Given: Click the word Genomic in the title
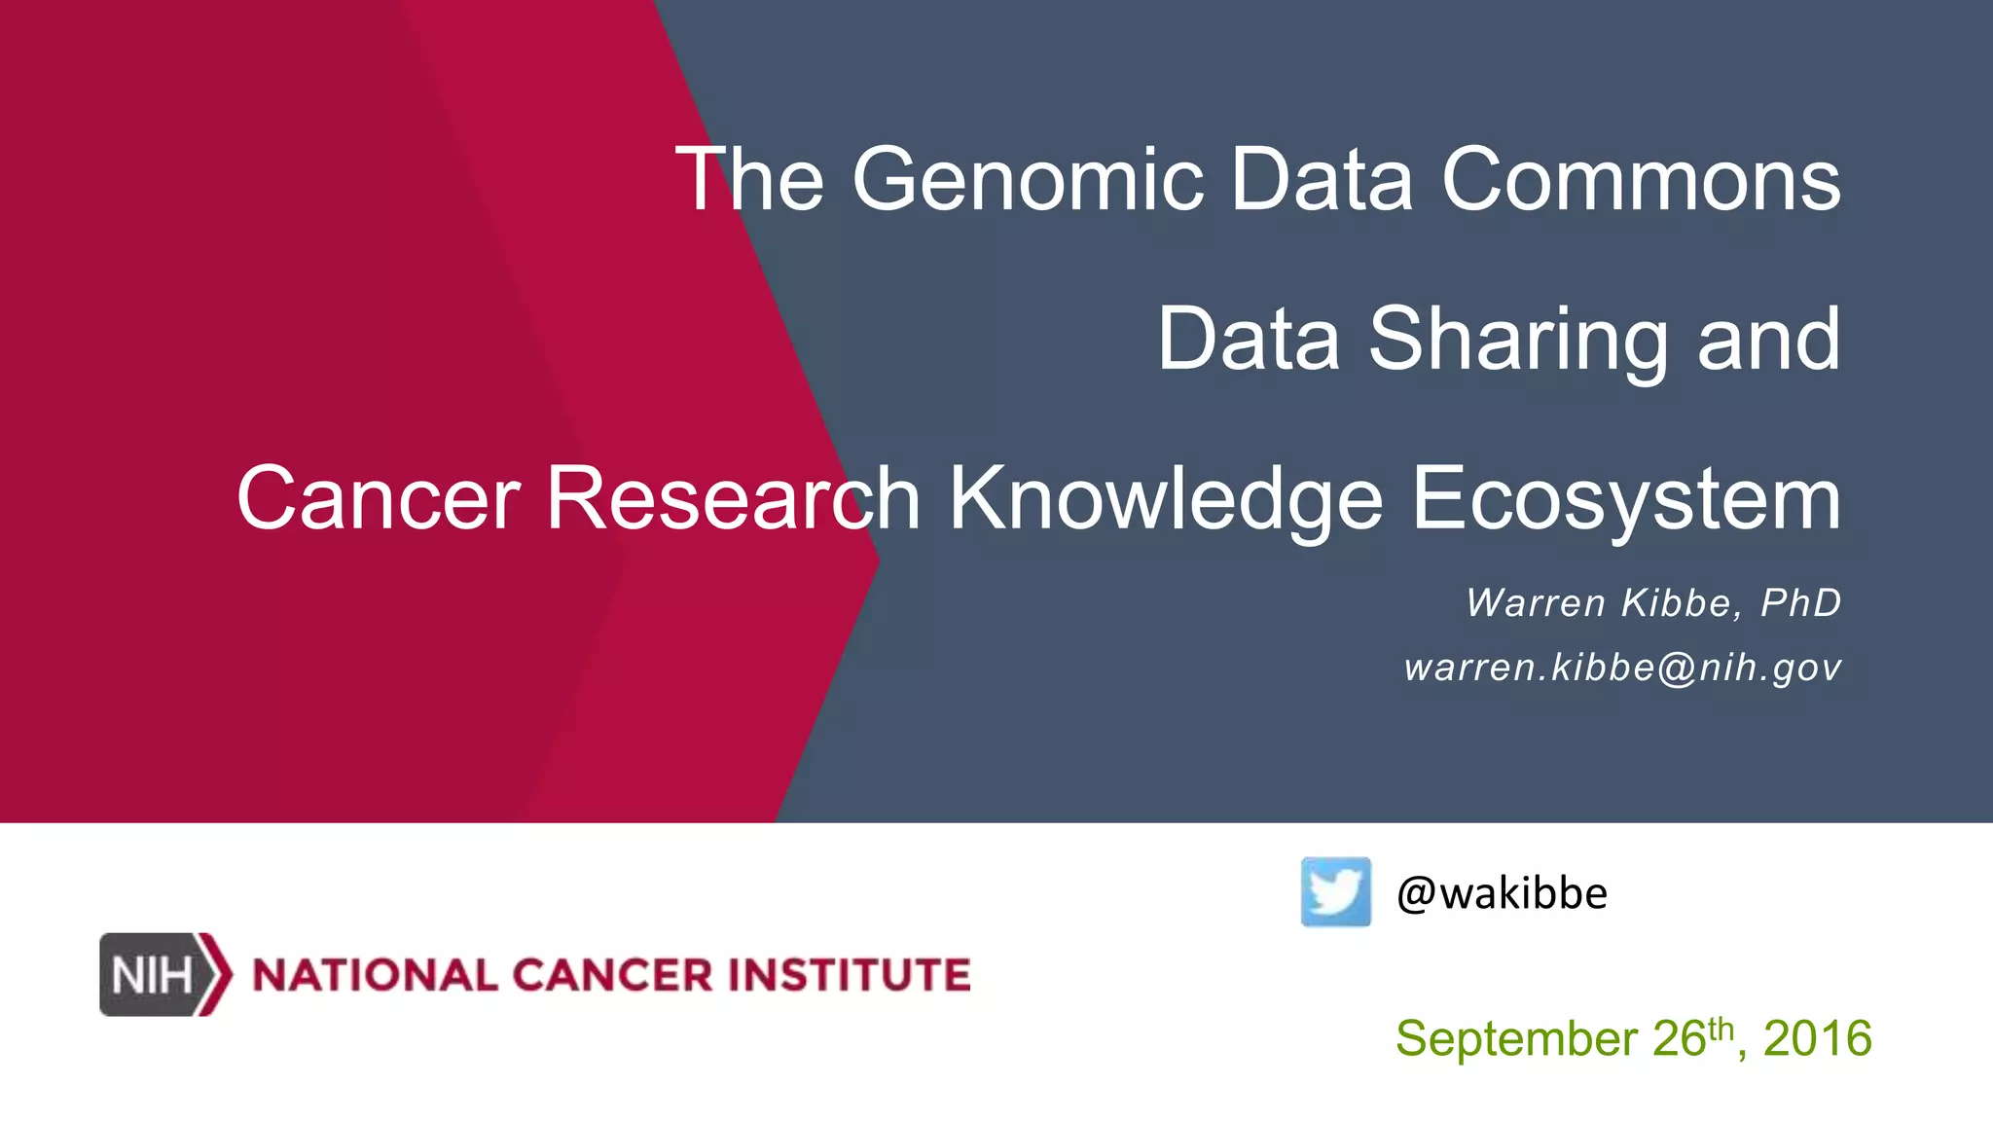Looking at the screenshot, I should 1027,180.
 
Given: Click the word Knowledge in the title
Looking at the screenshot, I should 1166,499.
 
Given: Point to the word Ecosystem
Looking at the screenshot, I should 1626,499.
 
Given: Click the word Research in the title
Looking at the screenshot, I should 733,499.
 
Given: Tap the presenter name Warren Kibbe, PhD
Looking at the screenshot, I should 1653,603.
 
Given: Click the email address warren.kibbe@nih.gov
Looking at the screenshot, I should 1622,668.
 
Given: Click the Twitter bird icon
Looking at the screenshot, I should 1335,891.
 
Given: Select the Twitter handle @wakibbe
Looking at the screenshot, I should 1502,893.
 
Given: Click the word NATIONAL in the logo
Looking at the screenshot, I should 375,975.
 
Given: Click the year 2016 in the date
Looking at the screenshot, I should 1817,1038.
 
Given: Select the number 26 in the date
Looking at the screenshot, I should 1679,1038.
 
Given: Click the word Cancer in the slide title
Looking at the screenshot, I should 378,499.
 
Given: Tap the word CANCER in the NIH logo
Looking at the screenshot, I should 612,975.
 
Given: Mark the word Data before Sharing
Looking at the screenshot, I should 1249,340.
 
